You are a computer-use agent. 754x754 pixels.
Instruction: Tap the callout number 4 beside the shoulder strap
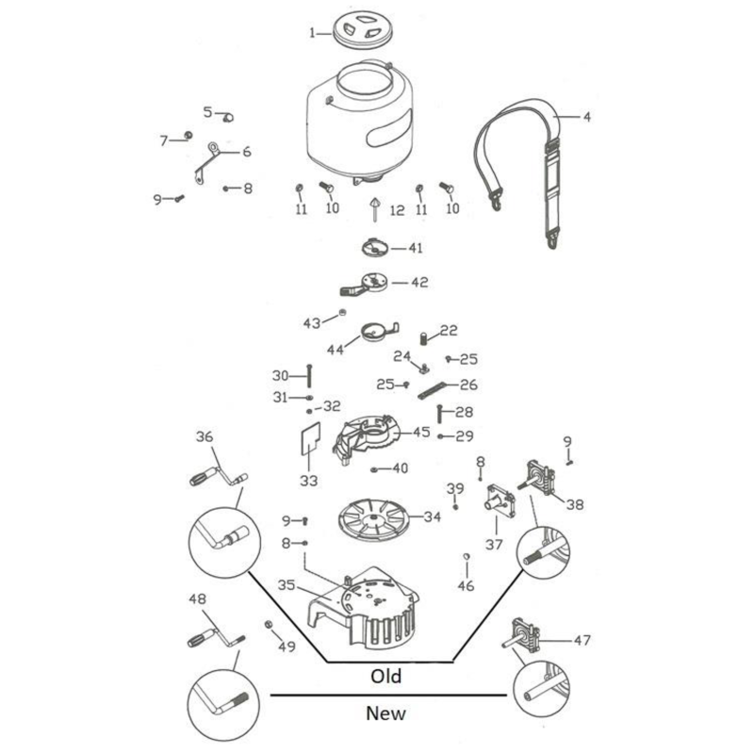coord(586,118)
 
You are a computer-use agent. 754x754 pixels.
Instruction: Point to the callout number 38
coord(575,504)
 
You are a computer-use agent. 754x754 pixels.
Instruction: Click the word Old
coord(386,676)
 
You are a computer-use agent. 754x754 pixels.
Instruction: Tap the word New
coord(386,713)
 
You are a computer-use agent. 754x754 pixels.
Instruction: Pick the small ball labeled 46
coord(466,558)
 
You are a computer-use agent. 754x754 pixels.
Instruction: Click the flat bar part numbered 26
coord(434,387)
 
